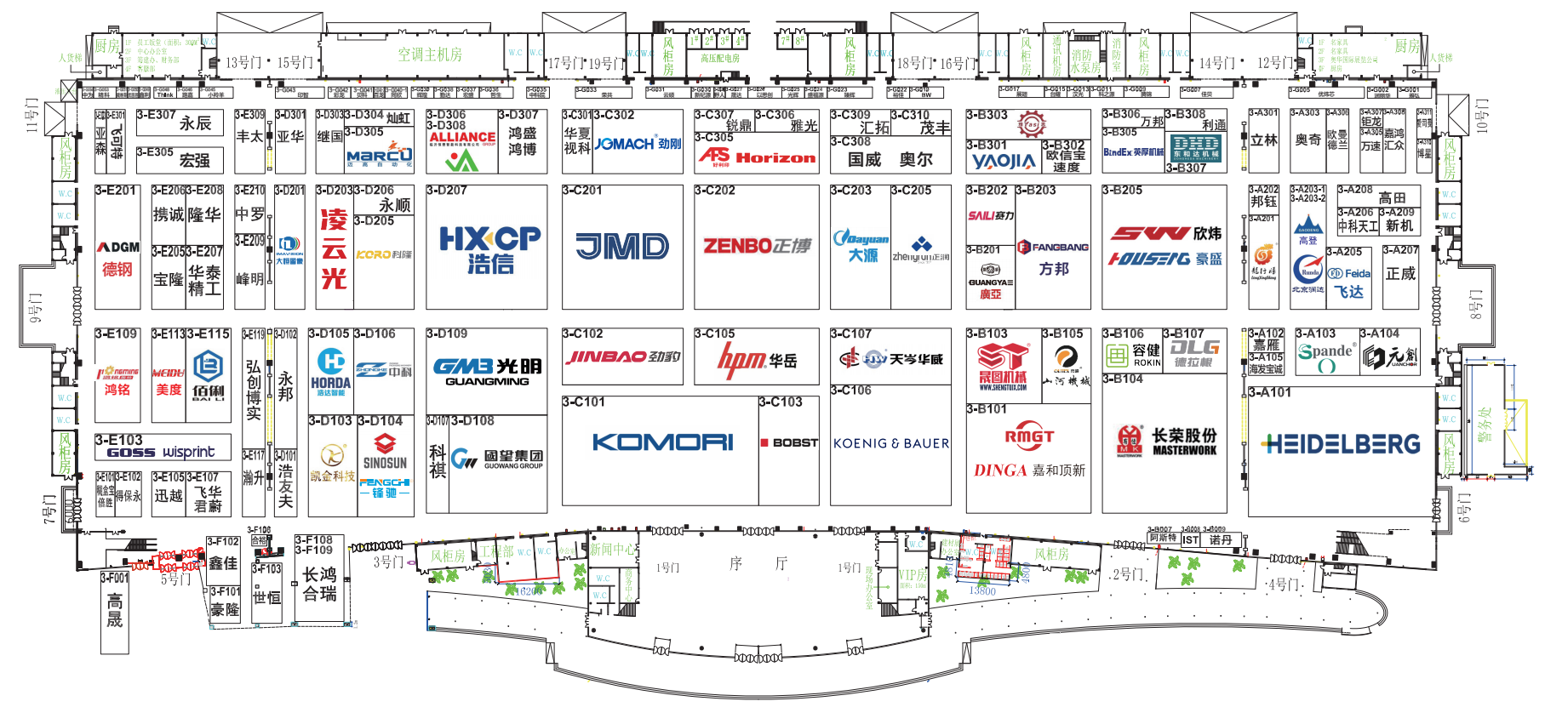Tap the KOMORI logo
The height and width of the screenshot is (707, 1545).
(x=662, y=442)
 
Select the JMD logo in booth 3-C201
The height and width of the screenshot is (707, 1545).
(x=622, y=247)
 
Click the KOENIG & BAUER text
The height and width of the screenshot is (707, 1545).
(x=890, y=443)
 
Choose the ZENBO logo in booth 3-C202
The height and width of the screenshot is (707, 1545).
(x=757, y=246)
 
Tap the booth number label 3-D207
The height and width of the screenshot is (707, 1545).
(x=447, y=191)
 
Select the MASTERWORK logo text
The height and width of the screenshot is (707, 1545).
(x=1184, y=450)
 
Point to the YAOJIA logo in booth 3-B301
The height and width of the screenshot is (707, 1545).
(x=1004, y=161)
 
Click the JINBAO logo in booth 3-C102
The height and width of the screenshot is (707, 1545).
(x=622, y=357)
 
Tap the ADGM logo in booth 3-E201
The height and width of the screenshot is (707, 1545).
(x=118, y=247)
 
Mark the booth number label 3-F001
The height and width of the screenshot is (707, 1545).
(x=115, y=578)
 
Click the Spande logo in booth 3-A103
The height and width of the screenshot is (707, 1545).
(x=1325, y=351)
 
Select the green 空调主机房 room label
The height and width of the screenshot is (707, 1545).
(x=430, y=54)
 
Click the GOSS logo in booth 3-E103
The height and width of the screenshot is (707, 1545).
(x=131, y=453)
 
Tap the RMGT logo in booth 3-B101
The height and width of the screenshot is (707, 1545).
(x=1029, y=436)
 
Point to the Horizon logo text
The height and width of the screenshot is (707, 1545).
(x=775, y=158)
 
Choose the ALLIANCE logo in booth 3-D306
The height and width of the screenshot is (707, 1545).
(x=461, y=137)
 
